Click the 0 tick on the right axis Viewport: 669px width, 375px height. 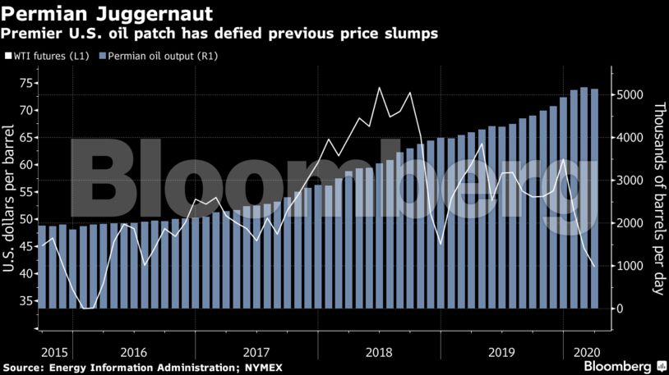point(620,309)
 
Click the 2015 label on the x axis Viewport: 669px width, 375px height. point(53,348)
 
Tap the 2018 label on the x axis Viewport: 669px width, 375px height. point(379,348)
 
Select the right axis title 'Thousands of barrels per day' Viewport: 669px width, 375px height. point(659,197)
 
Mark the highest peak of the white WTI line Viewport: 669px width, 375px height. point(379,88)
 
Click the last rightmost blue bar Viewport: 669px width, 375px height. point(594,197)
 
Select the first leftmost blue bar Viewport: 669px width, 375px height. point(42,267)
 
